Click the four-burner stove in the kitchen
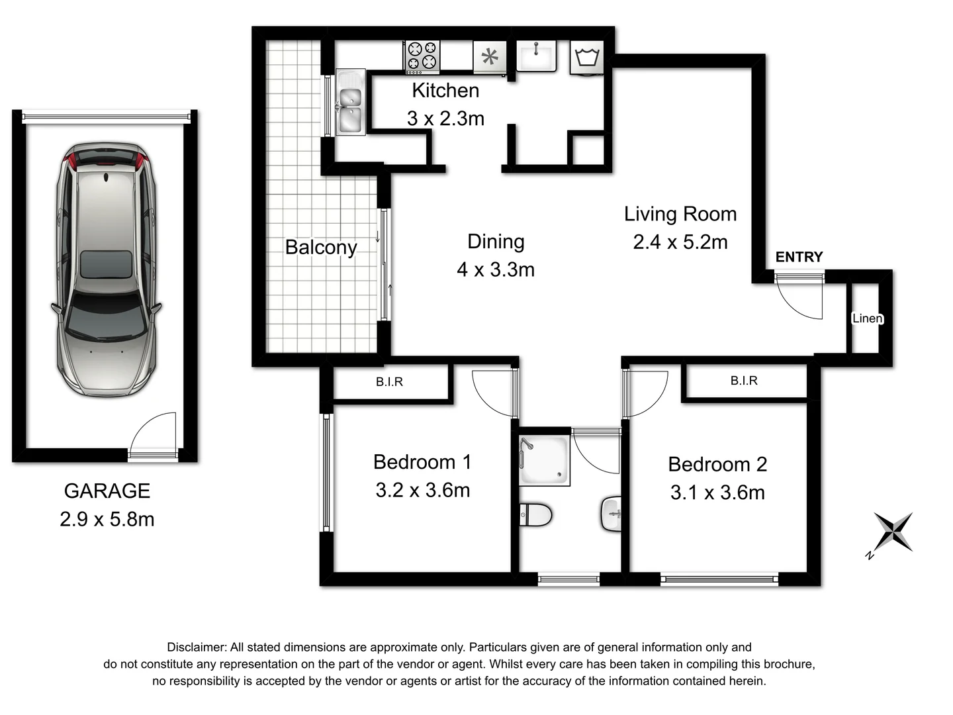[422, 56]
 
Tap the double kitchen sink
[349, 103]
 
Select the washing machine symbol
[587, 57]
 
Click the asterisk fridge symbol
[490, 58]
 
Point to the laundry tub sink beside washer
[536, 56]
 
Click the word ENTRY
[799, 257]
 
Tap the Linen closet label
[867, 318]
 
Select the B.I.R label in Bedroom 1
[389, 382]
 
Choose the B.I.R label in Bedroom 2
[744, 381]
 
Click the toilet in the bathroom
[535, 515]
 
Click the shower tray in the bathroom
[544, 459]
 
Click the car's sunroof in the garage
[105, 264]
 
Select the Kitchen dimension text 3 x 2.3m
[445, 119]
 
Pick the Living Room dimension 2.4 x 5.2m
[680, 242]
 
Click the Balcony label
[321, 247]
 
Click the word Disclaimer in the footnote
[196, 647]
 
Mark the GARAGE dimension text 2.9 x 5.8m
[107, 519]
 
